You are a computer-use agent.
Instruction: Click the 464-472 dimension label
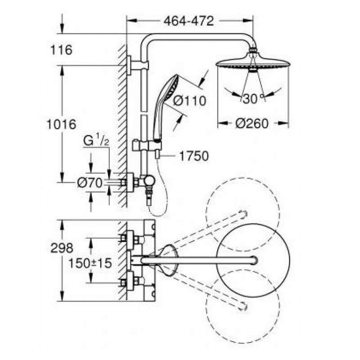pos(189,21)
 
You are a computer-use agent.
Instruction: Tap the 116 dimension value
pos(61,50)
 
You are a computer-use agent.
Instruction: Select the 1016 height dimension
pos(61,125)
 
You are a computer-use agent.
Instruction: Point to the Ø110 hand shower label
pos(189,101)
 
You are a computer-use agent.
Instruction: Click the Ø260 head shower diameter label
pos(252,124)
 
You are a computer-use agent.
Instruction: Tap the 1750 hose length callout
pos(194,156)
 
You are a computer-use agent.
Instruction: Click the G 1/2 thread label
pos(96,140)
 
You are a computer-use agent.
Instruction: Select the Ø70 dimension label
pos(90,183)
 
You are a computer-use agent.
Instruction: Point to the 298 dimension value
pos(62,248)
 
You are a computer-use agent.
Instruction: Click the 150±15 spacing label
pos(90,263)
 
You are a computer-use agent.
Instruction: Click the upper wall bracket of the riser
pos(137,65)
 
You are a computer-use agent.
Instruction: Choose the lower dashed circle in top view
pos(243,306)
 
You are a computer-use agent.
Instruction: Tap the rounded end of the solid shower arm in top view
pos(255,261)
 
